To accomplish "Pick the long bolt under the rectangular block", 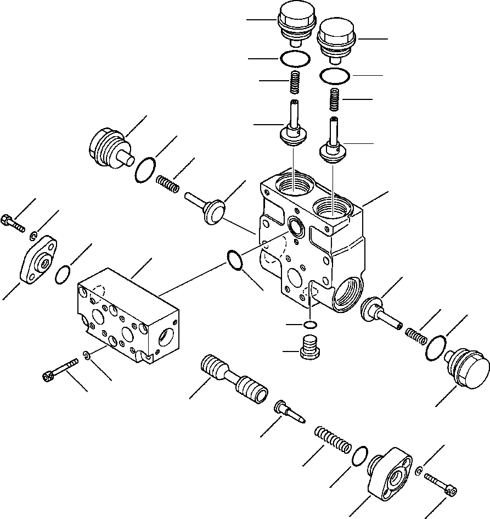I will click(x=60, y=370).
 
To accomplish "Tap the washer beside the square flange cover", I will click(x=419, y=470).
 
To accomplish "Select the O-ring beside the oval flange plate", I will click(x=64, y=275).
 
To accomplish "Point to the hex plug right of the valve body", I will click(x=467, y=370).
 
